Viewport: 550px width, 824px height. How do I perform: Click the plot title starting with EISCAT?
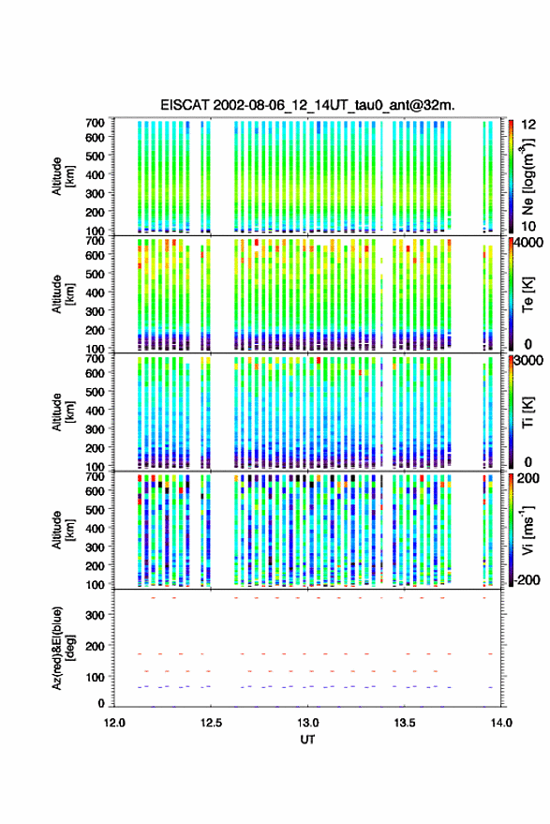click(x=307, y=105)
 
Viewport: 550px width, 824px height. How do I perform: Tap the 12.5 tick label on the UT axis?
click(x=211, y=723)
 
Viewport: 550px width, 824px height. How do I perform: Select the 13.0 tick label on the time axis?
click(x=307, y=723)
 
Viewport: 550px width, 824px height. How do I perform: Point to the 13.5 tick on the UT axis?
click(x=404, y=723)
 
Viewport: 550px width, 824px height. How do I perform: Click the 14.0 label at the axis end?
click(x=500, y=723)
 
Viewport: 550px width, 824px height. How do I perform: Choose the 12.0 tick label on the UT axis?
click(x=114, y=723)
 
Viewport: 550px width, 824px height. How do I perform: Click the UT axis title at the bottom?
click(x=307, y=740)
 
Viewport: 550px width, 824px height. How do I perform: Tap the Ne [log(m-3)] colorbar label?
click(x=528, y=176)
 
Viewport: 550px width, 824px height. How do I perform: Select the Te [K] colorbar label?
click(x=528, y=294)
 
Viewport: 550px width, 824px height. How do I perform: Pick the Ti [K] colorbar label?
click(x=528, y=412)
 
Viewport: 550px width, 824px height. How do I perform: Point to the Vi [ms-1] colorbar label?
click(x=528, y=530)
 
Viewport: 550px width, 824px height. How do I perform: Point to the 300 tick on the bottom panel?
click(x=95, y=615)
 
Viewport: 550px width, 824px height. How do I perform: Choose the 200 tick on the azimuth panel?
click(x=95, y=646)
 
